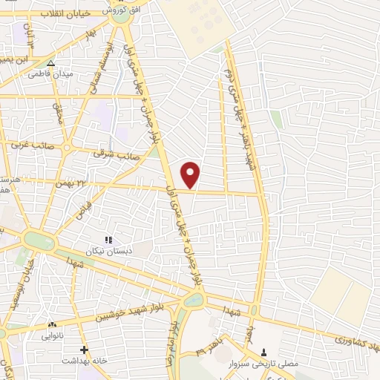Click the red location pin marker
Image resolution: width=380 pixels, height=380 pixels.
[191, 174]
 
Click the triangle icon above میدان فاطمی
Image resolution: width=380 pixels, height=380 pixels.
[50, 64]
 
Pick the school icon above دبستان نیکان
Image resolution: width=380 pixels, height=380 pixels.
[108, 240]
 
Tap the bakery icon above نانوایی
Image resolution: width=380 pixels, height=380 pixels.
[52, 324]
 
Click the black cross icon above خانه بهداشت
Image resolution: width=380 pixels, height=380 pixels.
[84, 349]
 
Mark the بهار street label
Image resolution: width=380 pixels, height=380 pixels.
[91, 35]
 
